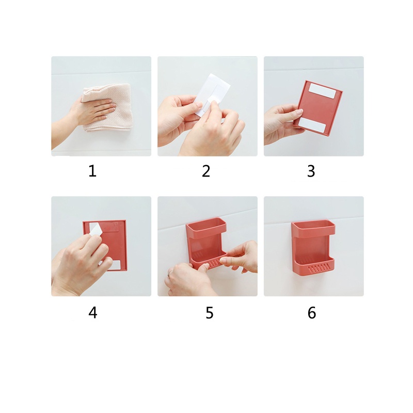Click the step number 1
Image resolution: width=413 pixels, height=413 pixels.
tap(92, 171)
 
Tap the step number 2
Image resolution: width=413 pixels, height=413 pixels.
tap(206, 171)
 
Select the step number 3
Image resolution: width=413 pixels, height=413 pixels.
tap(311, 171)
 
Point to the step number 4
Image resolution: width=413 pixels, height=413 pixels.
tap(93, 313)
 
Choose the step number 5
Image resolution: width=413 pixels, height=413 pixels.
tap(210, 313)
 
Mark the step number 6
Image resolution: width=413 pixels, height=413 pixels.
tap(312, 313)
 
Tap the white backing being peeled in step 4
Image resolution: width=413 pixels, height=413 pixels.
tap(96, 229)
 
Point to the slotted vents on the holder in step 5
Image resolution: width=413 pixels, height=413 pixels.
tap(213, 263)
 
